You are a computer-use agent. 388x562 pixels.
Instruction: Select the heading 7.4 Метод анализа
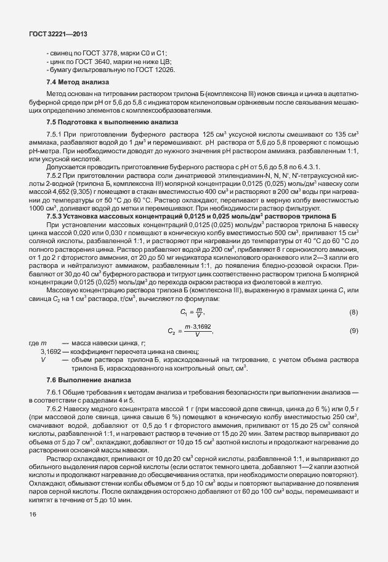77,82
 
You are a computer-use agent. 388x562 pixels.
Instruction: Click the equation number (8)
354,313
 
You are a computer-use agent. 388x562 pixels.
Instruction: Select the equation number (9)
354,331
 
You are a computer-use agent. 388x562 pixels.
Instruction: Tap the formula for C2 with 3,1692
190,331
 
